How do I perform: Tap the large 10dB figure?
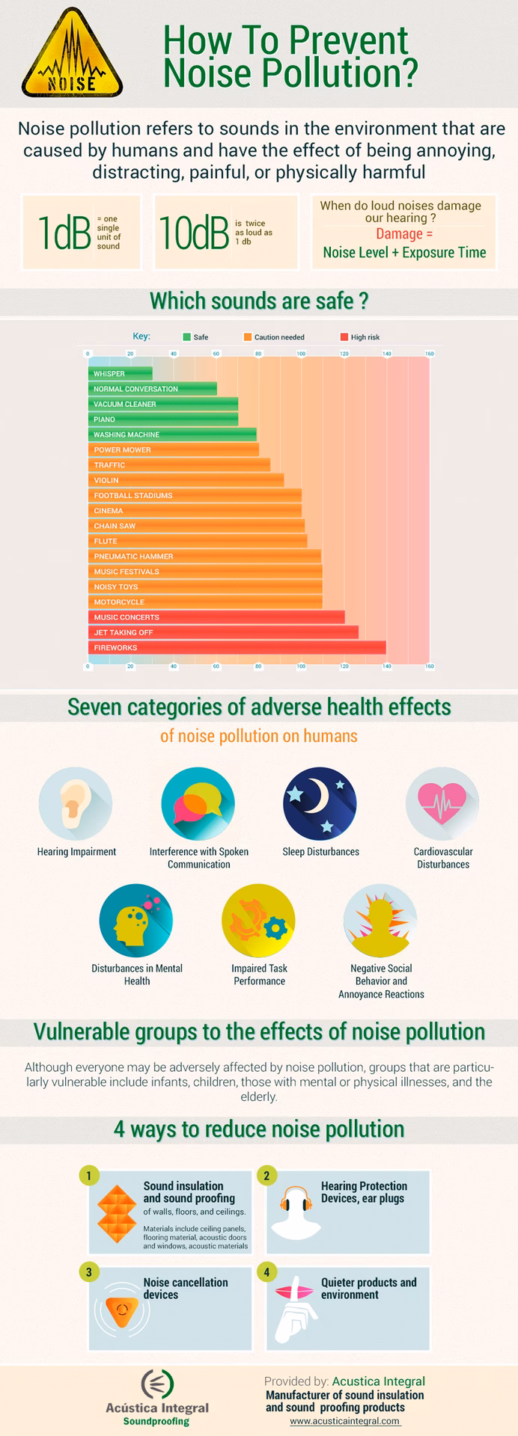click(193, 233)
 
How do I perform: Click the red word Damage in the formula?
click(400, 234)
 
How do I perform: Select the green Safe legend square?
click(186, 337)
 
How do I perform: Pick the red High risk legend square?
click(344, 337)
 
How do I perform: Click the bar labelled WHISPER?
click(120, 374)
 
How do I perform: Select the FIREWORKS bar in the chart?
click(237, 648)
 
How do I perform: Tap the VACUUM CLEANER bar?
click(162, 405)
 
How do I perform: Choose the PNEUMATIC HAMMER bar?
click(204, 556)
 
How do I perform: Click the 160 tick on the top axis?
click(429, 354)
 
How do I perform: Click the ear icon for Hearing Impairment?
click(75, 803)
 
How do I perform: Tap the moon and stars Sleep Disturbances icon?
click(320, 803)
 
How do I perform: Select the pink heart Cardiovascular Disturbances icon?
click(442, 803)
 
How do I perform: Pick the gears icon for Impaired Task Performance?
click(258, 921)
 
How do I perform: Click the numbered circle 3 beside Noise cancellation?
click(88, 1272)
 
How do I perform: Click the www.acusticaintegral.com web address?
click(344, 1421)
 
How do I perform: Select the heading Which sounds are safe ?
click(259, 301)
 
